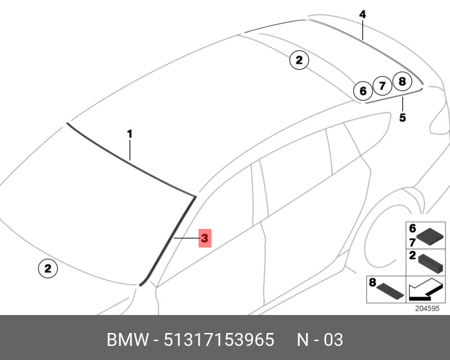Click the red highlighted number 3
point(205,238)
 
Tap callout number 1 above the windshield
point(130,134)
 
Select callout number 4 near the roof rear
point(362,15)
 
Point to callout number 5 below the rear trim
point(403,118)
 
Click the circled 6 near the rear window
point(363,91)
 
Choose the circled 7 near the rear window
point(382,86)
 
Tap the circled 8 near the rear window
point(402,81)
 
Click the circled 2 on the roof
point(299,60)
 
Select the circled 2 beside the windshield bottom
point(48,268)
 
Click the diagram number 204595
point(427,308)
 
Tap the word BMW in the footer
point(128,340)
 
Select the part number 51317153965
point(219,340)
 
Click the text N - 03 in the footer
point(319,340)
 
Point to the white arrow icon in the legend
point(426,289)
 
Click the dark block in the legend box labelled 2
point(430,264)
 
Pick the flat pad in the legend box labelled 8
point(390,290)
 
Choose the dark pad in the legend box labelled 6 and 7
point(430,237)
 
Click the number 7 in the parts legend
point(412,242)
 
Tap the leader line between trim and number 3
point(187,238)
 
